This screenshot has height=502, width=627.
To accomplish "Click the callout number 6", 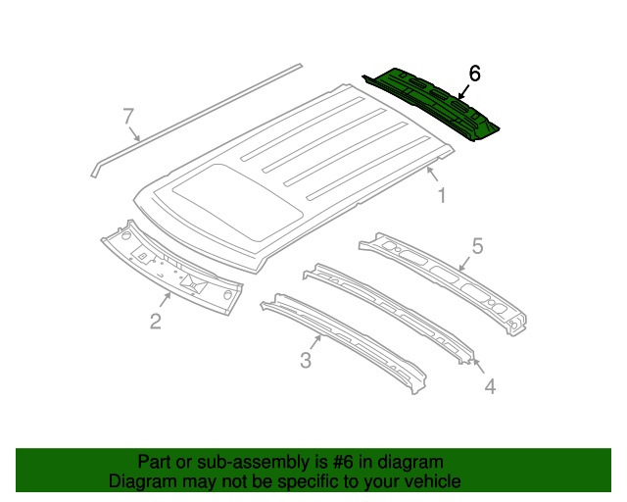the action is (x=474, y=74).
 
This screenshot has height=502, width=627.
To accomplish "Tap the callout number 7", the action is (x=128, y=116).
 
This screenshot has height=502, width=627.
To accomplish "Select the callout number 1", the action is (x=442, y=196).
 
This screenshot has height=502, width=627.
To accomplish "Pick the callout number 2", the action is (x=156, y=321).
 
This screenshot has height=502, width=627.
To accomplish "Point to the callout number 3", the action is (x=306, y=360).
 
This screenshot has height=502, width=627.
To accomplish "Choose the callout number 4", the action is (x=490, y=386).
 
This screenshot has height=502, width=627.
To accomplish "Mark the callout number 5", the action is (x=477, y=246).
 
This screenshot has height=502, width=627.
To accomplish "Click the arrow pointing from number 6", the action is (x=463, y=92).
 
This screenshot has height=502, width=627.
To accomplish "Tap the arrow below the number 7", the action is (x=134, y=134).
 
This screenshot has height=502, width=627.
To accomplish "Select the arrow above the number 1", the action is (x=433, y=175).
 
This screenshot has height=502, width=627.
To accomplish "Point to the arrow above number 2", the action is (x=166, y=300).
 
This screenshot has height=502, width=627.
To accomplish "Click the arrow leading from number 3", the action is (x=314, y=342).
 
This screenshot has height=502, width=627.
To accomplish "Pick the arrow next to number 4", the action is (x=479, y=367).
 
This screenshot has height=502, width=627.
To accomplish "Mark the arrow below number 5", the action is (x=464, y=264).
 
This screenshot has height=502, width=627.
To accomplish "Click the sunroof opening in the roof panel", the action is (x=237, y=202).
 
